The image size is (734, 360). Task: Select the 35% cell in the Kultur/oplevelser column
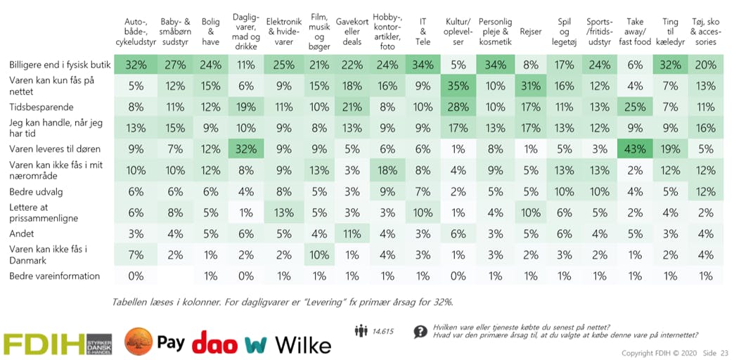(458, 86)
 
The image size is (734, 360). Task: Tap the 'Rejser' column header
(530, 32)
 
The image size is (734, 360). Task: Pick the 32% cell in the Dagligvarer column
(245, 149)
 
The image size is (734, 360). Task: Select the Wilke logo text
(302, 345)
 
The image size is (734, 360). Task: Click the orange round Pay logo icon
(139, 342)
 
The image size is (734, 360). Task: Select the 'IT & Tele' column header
(423, 32)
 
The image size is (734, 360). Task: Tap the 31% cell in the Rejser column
(530, 86)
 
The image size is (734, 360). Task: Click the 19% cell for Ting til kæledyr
(670, 149)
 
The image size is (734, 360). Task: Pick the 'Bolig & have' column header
(210, 32)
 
